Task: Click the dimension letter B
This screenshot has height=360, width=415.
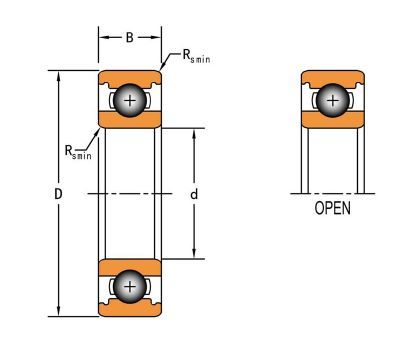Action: tap(130, 38)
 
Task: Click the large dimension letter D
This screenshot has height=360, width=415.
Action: tap(58, 194)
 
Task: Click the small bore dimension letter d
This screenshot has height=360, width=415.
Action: tap(194, 194)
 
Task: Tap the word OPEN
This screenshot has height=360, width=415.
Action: tap(332, 208)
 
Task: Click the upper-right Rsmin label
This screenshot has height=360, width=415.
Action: tap(197, 56)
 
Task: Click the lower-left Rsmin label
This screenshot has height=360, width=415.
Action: tap(78, 152)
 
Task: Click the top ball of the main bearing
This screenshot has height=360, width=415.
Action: tap(130, 100)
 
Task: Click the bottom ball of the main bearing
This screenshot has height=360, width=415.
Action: tap(130, 287)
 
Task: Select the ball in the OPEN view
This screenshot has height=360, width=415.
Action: tap(333, 100)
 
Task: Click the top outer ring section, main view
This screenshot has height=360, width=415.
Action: tap(130, 78)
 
